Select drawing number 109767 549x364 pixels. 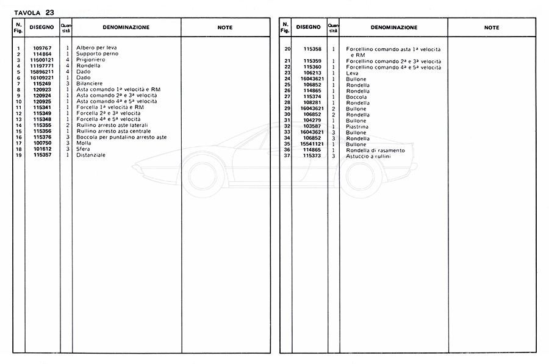coord(43,48)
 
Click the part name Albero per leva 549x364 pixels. coord(96,48)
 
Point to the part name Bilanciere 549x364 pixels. coord(89,84)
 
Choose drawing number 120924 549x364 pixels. coord(43,96)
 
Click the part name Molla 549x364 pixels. coord(84,143)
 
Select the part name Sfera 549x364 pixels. coord(84,149)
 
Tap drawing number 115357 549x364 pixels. coord(43,155)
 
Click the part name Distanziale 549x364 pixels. coord(91,155)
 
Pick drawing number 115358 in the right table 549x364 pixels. coord(312,49)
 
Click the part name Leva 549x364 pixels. coord(352,73)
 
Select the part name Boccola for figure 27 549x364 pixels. coord(356,96)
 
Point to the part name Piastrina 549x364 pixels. coord(358,126)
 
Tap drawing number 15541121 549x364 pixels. coord(312,144)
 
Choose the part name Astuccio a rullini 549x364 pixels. coord(368,156)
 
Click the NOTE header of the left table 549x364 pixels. coord(225,27)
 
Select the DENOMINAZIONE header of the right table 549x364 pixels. coord(393,27)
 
